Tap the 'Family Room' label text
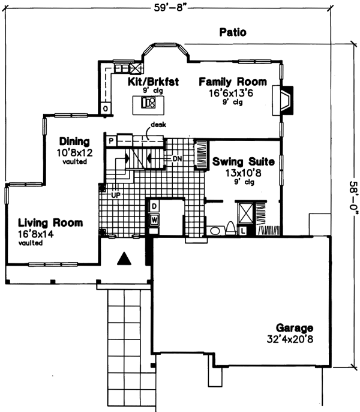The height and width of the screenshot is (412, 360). (x=230, y=82)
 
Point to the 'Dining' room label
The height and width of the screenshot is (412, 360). (x=74, y=142)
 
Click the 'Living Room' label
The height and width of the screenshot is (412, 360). (x=49, y=223)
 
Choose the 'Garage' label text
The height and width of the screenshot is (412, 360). (x=295, y=328)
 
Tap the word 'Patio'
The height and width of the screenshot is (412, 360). (x=232, y=32)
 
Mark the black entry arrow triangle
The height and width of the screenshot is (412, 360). (x=124, y=258)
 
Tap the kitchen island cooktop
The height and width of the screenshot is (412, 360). (x=147, y=103)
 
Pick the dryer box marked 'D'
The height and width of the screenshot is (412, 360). (x=154, y=206)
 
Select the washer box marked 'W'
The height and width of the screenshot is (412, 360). (x=154, y=219)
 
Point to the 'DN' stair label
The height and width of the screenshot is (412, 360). (x=177, y=159)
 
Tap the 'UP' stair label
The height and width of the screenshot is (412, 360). (x=115, y=195)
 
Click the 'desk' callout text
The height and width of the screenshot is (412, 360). (x=159, y=124)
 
